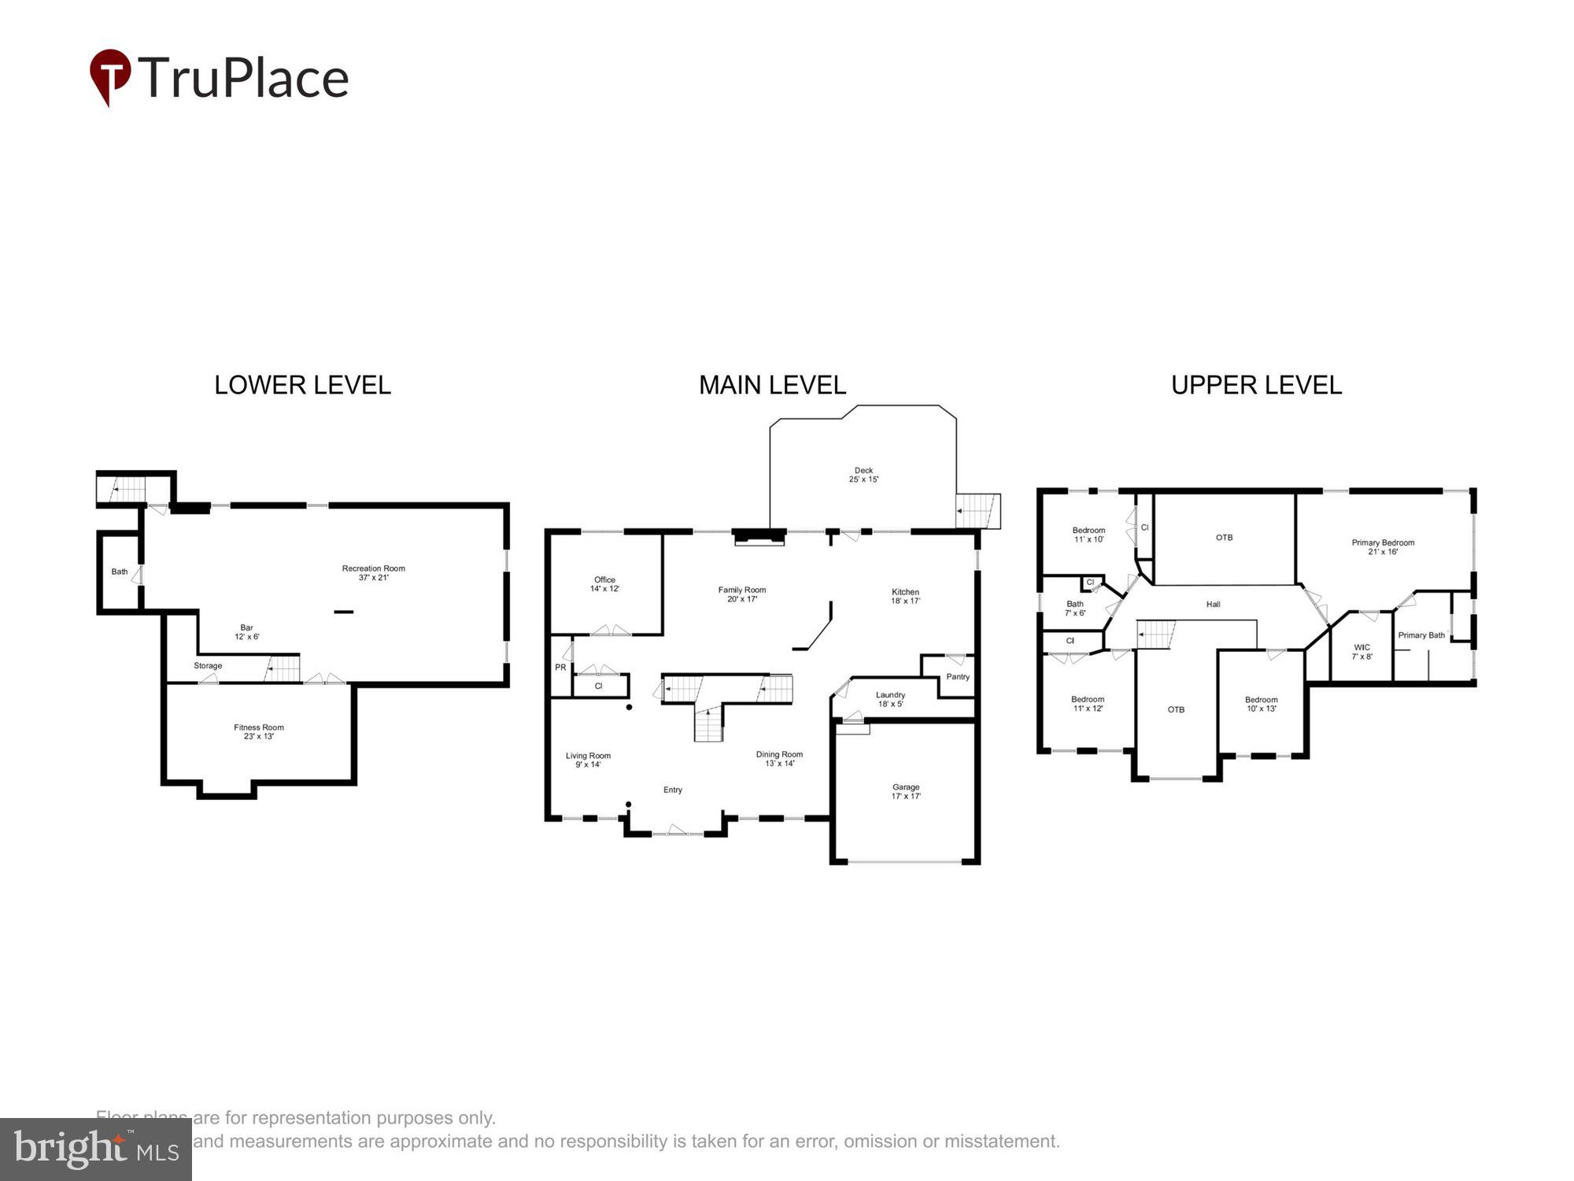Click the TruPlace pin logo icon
[x=109, y=76]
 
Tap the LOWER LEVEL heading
[x=302, y=385]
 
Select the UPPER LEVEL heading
[x=1256, y=385]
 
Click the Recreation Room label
[x=373, y=572]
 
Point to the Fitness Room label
[x=258, y=731]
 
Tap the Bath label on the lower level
[x=119, y=572]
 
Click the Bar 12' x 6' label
[x=246, y=632]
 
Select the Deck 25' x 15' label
[x=863, y=475]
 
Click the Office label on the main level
[x=604, y=583]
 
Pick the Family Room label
[x=741, y=594]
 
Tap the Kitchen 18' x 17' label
[x=905, y=596]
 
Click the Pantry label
[x=958, y=676]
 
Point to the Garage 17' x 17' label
[x=906, y=791]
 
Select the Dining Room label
[x=779, y=758]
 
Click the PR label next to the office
[x=560, y=667]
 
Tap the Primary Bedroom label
[x=1383, y=546]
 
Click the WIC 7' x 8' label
[x=1362, y=651]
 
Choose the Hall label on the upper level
[x=1213, y=604]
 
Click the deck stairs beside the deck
[x=977, y=511]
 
